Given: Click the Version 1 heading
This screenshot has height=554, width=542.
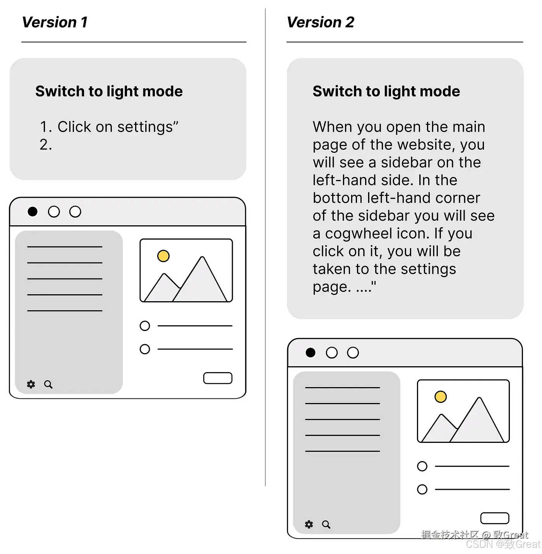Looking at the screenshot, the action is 55,22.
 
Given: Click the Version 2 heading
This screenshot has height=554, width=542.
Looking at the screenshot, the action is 321,22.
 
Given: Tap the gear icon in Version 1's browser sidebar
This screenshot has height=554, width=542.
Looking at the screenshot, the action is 31,384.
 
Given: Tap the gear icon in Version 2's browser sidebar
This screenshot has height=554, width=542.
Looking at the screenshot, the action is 309,524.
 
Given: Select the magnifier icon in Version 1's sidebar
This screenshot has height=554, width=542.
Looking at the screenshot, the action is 48,384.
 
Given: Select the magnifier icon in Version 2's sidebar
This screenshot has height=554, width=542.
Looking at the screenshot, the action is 326,525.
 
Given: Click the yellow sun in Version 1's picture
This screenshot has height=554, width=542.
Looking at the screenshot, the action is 163,256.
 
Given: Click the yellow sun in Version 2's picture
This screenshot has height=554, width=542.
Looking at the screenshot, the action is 441,396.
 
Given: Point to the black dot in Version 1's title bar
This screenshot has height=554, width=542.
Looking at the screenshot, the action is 33,211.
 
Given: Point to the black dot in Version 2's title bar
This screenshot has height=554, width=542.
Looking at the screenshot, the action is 310,352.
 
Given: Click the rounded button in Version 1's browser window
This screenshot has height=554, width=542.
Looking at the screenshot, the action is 218,378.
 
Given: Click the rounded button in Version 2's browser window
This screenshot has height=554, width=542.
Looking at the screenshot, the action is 495,518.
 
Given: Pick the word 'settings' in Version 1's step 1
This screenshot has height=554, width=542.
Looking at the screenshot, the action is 145,127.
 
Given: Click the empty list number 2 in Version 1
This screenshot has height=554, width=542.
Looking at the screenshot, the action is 46,145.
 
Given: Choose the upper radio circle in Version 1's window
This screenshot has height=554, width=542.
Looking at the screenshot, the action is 145,326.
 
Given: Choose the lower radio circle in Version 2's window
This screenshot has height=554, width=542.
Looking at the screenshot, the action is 422,489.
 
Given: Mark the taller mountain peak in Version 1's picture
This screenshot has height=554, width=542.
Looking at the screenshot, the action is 202,257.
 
